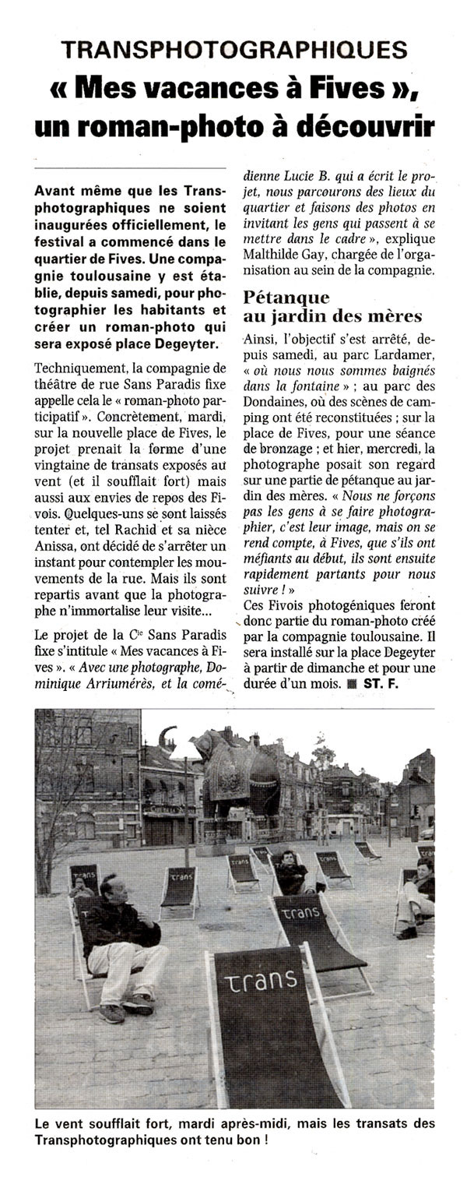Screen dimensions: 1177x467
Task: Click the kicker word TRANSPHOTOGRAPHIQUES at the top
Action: pos(234,50)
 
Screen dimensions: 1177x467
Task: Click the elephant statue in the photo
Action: pos(238,778)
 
